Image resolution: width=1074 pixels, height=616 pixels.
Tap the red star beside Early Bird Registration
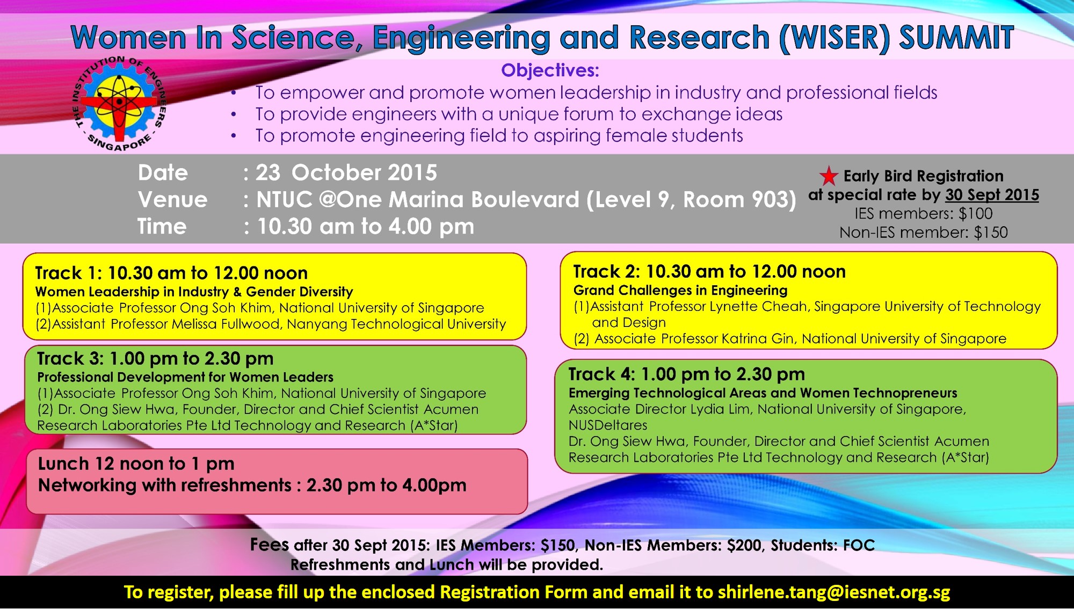click(x=829, y=176)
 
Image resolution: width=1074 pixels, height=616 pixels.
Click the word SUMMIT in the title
click(x=956, y=38)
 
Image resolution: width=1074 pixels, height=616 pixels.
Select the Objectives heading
click(x=550, y=70)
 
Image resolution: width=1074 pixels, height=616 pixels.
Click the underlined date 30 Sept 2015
click(x=992, y=195)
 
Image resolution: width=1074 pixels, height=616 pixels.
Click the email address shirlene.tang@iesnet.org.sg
click(x=834, y=592)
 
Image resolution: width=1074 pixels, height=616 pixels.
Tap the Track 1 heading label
click(x=68, y=273)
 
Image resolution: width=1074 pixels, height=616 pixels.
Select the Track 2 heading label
click(x=606, y=272)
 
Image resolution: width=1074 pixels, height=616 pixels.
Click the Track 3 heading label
click(x=70, y=359)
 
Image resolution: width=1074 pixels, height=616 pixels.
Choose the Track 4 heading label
click(x=602, y=374)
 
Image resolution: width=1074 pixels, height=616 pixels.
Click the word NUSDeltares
click(x=608, y=425)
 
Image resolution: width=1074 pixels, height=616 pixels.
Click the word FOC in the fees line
click(x=859, y=546)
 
